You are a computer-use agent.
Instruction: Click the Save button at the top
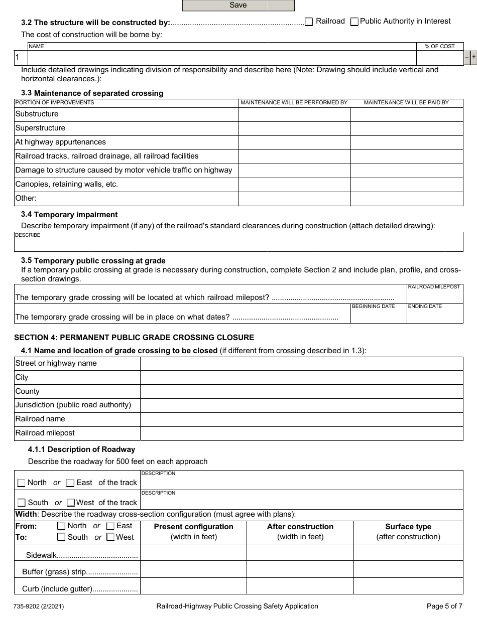(x=238, y=6)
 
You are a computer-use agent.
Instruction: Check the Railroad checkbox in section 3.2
(x=309, y=22)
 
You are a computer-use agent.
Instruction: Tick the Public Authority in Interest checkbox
(x=354, y=22)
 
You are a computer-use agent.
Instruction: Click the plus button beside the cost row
(x=473, y=58)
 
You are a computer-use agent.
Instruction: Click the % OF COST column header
(x=439, y=46)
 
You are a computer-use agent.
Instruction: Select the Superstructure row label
(x=40, y=128)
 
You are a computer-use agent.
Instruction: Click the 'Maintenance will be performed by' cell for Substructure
(x=294, y=114)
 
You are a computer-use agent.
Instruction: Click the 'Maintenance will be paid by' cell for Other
(x=406, y=199)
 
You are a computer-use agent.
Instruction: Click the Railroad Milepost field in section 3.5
(x=434, y=296)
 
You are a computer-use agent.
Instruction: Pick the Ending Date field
(x=434, y=316)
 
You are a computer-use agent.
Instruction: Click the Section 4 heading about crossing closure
(x=134, y=338)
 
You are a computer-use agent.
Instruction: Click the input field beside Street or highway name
(x=301, y=364)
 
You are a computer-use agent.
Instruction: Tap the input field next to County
(x=301, y=392)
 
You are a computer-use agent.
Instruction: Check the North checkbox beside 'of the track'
(x=21, y=483)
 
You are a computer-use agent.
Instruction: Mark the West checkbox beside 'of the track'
(x=71, y=503)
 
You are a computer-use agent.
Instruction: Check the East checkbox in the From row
(x=110, y=526)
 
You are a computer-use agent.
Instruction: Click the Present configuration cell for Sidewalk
(x=193, y=552)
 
